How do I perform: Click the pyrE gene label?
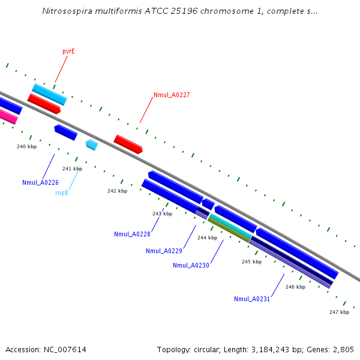click(x=68, y=52)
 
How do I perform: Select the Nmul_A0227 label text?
click(x=172, y=95)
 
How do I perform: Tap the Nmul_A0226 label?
click(x=40, y=182)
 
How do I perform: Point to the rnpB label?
click(x=62, y=193)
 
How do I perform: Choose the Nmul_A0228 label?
click(x=132, y=234)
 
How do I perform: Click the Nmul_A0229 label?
click(x=164, y=251)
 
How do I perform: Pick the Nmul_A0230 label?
click(x=191, y=265)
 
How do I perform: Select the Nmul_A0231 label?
click(x=252, y=299)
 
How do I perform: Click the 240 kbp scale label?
click(x=26, y=146)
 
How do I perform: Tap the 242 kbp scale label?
click(x=117, y=191)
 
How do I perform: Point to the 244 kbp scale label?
click(x=207, y=238)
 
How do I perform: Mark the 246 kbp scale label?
click(x=295, y=287)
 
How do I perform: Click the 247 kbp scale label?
click(x=339, y=312)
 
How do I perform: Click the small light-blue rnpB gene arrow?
click(x=92, y=145)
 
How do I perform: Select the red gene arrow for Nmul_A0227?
click(x=128, y=144)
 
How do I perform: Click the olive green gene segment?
click(x=229, y=230)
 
